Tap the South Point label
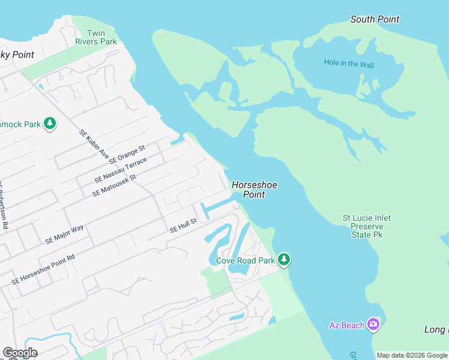coord(375,19)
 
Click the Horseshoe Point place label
coord(255,190)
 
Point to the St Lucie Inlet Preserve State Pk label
coord(367,226)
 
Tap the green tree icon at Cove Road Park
coord(285,260)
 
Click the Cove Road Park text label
coord(245,260)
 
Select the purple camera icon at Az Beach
coord(374,325)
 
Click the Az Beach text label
coord(347,325)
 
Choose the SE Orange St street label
coord(127,155)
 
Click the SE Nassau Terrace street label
coord(121,170)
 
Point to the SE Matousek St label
coord(115,185)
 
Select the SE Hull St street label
coord(183,226)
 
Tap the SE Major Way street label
coord(64,234)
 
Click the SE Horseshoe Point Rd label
coord(43,269)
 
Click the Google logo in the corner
coord(20,352)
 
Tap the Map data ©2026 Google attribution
coord(411,355)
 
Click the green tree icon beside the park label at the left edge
coord(50,124)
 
